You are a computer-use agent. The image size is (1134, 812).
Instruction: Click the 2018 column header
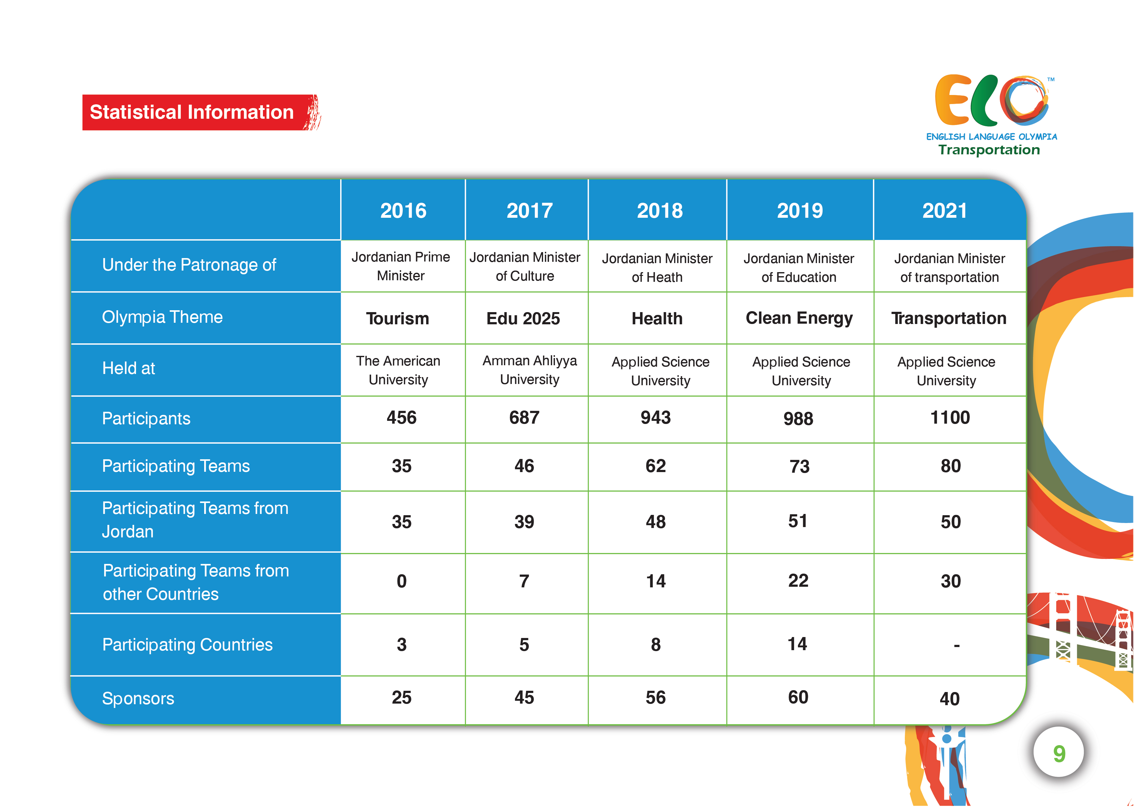pos(659,210)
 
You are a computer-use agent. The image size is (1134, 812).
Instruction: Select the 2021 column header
pos(945,210)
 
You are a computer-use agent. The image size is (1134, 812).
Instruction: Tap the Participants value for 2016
pos(401,418)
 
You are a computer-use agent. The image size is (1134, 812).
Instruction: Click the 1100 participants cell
pos(950,418)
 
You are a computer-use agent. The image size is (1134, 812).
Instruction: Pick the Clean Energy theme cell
pos(799,318)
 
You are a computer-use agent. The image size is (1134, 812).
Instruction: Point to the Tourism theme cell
pos(397,319)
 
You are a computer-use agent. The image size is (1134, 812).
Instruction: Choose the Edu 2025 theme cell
pos(523,319)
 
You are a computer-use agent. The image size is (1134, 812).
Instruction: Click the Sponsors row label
pos(138,698)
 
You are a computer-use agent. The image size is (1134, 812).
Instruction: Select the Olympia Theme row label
pos(162,317)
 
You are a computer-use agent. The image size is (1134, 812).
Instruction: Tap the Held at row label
pos(129,368)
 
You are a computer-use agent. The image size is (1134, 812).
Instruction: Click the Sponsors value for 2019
pos(798,697)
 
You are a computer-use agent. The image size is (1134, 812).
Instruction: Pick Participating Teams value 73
pos(799,466)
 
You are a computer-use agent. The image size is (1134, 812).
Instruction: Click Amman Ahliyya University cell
pos(530,370)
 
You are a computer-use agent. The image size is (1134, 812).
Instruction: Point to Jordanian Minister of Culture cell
pos(525,266)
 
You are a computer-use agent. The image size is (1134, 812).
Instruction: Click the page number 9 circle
pos(1059,753)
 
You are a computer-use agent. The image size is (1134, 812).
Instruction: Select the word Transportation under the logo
pos(989,150)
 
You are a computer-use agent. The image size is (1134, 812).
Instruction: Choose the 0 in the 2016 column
pos(401,581)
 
